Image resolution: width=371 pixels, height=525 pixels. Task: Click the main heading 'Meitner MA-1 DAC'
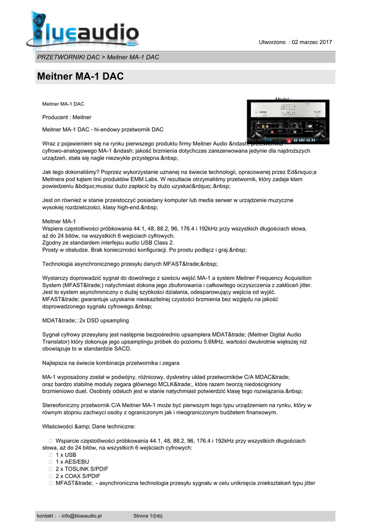click(x=81, y=77)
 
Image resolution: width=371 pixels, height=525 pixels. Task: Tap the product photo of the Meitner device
click(x=288, y=123)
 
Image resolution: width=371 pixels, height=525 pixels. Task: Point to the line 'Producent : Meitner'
click(x=67, y=117)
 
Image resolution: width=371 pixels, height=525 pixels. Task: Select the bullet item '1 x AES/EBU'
click(x=72, y=462)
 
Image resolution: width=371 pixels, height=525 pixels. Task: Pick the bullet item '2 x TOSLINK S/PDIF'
click(x=82, y=469)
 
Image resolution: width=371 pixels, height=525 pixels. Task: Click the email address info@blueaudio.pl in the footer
click(x=82, y=515)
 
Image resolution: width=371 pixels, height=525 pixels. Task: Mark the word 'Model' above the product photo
click(x=283, y=99)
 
